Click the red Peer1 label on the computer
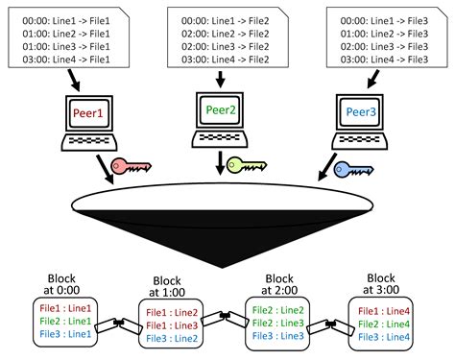89,114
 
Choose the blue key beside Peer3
353,170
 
